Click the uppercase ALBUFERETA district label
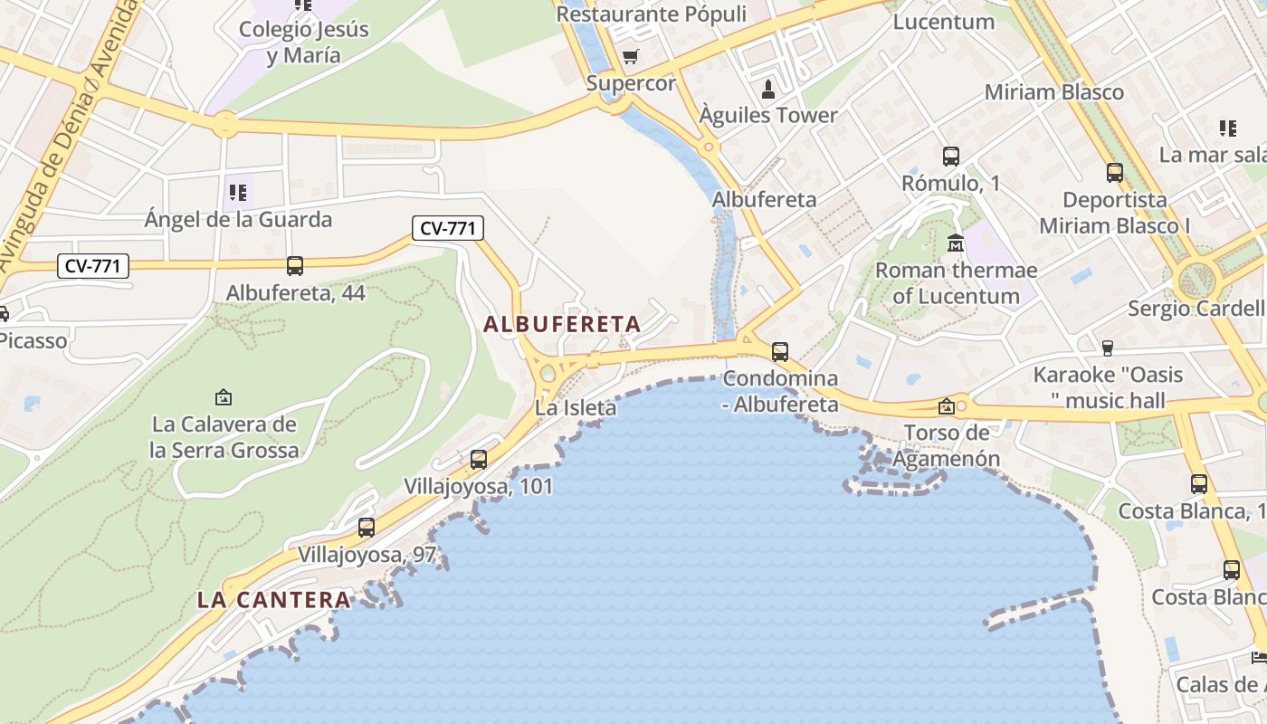point(562,324)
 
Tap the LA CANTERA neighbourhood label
point(273,599)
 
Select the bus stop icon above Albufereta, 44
point(295,266)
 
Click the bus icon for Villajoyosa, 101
point(479,460)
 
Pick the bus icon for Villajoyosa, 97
point(367,528)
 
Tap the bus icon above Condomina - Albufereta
point(780,352)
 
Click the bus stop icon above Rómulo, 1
point(951,157)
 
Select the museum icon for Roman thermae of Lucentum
point(956,243)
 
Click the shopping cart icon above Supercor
point(631,57)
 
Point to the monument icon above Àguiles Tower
point(768,89)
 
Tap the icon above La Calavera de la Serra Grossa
point(224,397)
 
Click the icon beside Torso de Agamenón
point(947,406)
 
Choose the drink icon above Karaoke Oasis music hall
point(1107,348)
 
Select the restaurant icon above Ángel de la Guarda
point(238,193)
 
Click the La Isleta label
point(576,408)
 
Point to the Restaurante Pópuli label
point(651,14)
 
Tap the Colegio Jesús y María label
point(304,42)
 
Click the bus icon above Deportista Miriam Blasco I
point(1115,172)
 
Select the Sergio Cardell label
point(1196,309)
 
